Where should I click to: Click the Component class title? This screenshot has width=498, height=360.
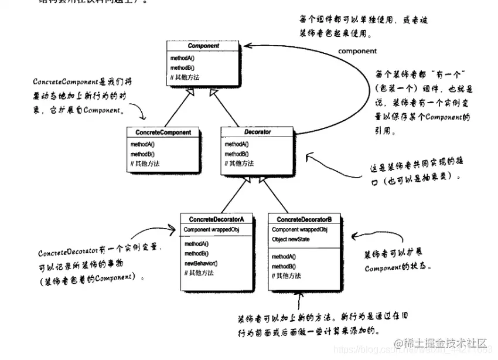(x=203, y=46)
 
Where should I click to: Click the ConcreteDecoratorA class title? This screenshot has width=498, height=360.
(x=216, y=219)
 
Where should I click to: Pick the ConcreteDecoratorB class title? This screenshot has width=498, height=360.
(x=305, y=219)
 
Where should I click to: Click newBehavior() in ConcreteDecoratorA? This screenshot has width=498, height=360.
(x=201, y=263)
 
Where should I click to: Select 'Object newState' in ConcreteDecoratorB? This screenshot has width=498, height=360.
(x=291, y=239)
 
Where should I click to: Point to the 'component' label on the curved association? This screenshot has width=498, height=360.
(x=357, y=51)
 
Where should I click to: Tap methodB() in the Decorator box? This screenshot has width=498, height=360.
(x=237, y=154)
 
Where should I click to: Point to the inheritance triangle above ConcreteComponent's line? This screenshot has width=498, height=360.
(x=187, y=93)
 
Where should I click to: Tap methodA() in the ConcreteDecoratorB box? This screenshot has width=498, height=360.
(x=284, y=256)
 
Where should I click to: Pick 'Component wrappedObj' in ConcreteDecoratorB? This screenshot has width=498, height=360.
(x=299, y=230)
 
